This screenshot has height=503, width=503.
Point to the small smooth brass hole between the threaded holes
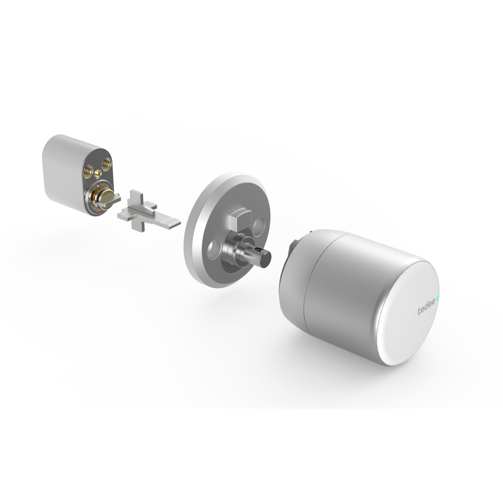tap(99, 173)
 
